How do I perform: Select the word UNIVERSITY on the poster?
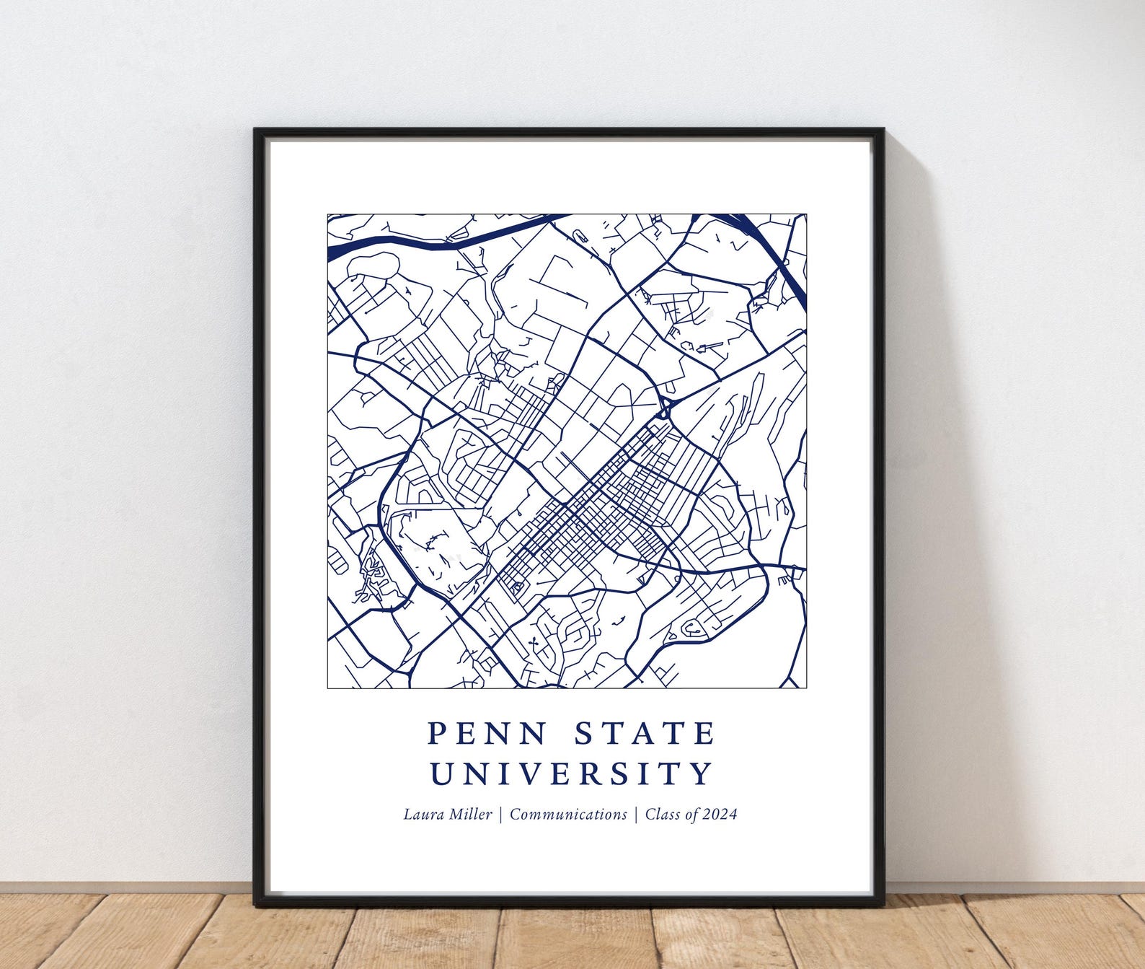[x=571, y=773]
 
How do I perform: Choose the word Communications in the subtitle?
[x=568, y=815]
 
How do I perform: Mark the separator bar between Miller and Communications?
[x=501, y=815]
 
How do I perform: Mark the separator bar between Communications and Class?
[x=636, y=815]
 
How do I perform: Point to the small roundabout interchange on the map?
[x=665, y=408]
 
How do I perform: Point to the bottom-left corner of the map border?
[x=328, y=688]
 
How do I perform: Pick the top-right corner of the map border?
[x=805, y=214]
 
